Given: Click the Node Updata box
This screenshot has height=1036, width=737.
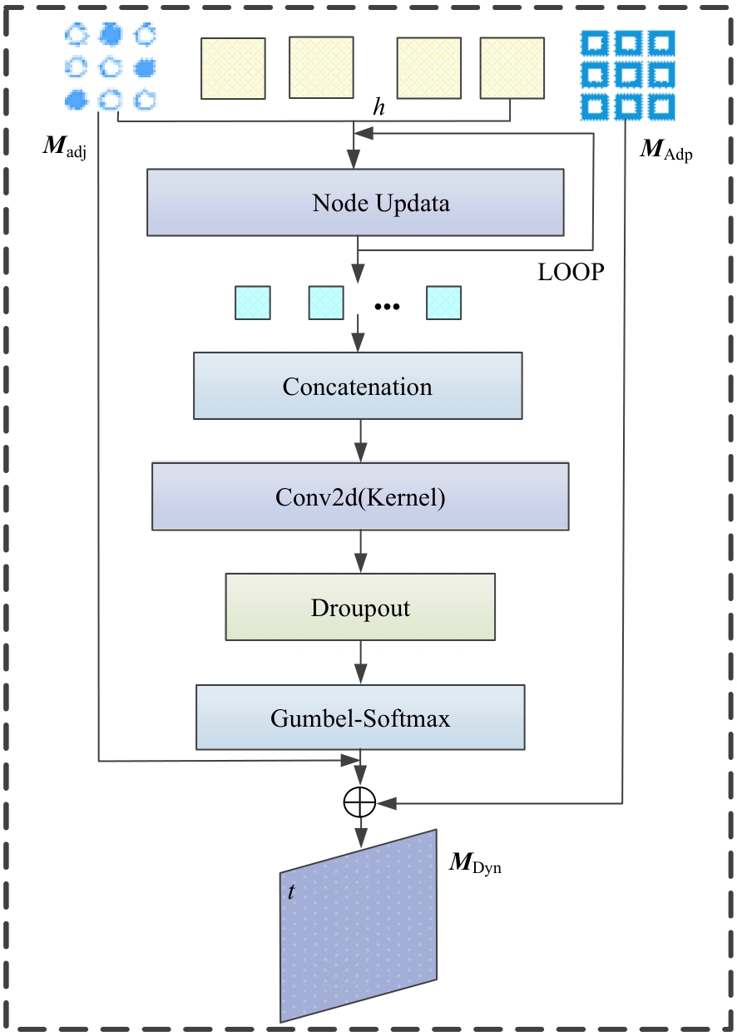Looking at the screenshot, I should coord(355,203).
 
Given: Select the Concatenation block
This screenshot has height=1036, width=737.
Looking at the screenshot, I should coord(358,386).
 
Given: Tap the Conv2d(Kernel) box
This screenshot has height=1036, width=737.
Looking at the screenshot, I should coord(360,496).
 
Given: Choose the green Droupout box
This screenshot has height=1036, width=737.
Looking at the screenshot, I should coord(360,608).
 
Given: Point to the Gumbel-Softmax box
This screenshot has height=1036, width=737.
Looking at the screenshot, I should coord(360,717).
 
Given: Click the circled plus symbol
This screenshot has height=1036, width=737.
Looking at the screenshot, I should coord(360,802).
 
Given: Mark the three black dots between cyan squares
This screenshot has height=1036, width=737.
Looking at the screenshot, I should coord(388,307).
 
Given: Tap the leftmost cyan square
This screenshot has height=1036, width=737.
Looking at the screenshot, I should coord(252,303).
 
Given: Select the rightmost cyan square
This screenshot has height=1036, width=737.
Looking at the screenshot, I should coord(443,303).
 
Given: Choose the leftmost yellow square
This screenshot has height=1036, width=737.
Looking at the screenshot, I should coord(233,69).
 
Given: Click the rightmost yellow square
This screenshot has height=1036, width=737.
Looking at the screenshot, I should coord(512,69).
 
